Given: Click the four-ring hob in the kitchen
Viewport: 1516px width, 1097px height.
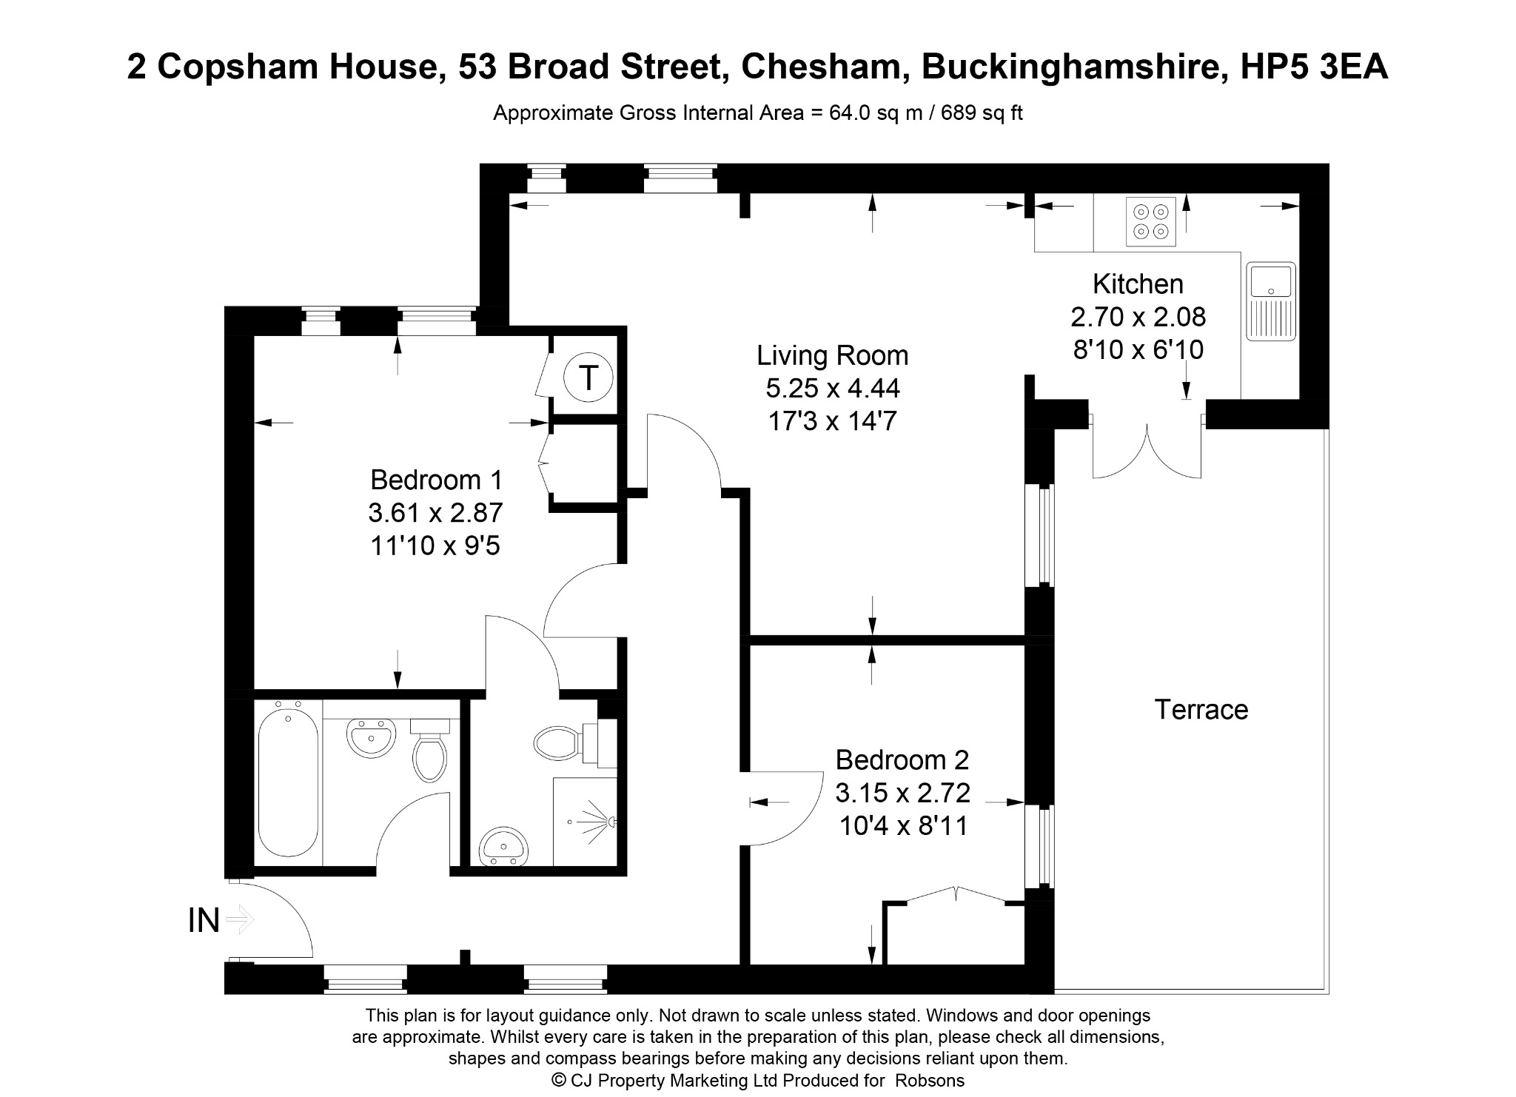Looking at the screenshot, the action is coord(1150,221).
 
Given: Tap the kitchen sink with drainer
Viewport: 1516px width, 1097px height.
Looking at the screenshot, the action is coord(1270,301).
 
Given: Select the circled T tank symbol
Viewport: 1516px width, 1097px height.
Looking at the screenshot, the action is coord(588,378).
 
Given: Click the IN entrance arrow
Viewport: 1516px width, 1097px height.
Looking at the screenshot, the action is coord(240,921).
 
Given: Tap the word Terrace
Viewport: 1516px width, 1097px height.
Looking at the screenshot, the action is coord(1201,710).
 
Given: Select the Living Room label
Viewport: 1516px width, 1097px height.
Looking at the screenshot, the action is coord(832,356).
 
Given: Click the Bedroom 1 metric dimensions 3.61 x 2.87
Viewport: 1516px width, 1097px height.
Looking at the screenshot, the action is coord(435,513).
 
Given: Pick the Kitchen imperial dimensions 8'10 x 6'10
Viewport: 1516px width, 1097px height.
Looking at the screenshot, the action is coord(1138,349).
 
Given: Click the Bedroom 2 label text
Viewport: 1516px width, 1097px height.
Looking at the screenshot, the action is coord(902,760).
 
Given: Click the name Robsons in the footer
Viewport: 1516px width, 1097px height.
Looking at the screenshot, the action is coord(930,1081).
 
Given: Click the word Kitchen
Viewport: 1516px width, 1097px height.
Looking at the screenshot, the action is coord(1138,284).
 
